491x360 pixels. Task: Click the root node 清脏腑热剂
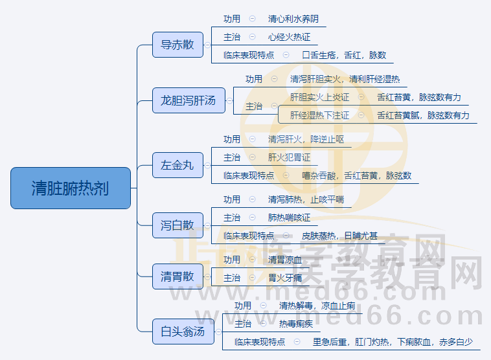pos(71,188)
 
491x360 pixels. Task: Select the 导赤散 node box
pos(177,45)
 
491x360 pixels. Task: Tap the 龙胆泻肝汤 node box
pos(188,100)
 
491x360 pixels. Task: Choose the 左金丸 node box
pos(177,164)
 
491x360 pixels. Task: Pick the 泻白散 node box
pos(177,225)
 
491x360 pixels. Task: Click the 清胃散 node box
pos(177,276)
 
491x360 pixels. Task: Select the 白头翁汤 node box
pos(183,332)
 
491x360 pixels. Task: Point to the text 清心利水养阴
pos(293,19)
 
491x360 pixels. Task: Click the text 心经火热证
pos(289,38)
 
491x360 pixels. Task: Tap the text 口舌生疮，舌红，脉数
pos(344,56)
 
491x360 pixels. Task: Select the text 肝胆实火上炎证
pos(319,98)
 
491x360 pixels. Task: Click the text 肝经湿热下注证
pos(319,116)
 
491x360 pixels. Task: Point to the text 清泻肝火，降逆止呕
pos(306,139)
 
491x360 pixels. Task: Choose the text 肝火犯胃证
pos(289,157)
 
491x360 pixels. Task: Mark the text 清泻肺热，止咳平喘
pos(306,199)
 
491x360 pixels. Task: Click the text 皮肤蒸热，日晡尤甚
pos(339,236)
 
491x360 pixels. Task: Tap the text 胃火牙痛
pos(285,278)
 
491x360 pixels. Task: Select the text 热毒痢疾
pos(295,324)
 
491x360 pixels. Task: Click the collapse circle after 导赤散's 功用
pos(252,19)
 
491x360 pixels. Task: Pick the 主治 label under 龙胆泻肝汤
pos(254,106)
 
